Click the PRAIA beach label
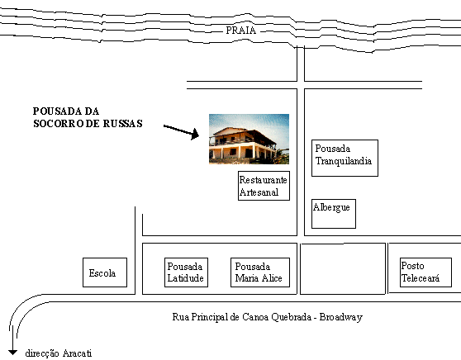(240, 31)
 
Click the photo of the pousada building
(249, 139)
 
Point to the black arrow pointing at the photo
(181, 130)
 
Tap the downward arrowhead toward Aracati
(12, 352)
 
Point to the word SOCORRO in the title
(59, 123)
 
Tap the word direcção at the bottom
(42, 353)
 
